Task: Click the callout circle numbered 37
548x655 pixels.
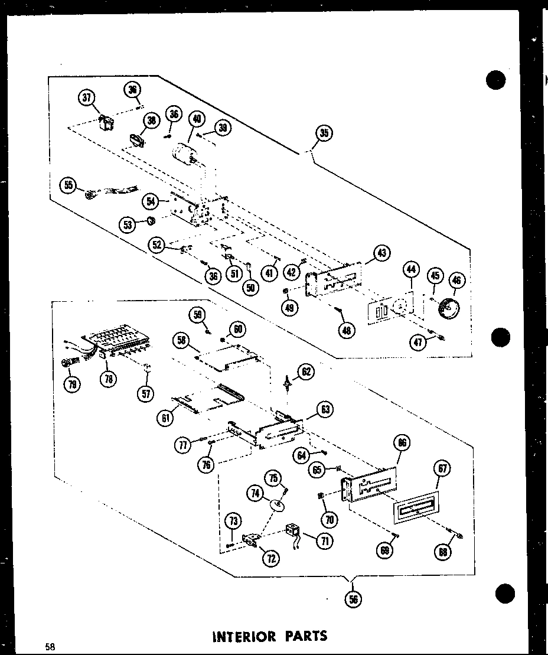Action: [x=87, y=97]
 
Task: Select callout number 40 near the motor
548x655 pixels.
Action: [x=197, y=119]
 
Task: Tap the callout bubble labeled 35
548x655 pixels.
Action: [x=324, y=133]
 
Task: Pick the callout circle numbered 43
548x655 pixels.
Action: [x=381, y=254]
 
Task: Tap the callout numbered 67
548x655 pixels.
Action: [x=443, y=468]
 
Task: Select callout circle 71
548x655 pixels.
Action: [x=323, y=540]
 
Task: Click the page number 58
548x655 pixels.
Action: [x=49, y=646]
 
